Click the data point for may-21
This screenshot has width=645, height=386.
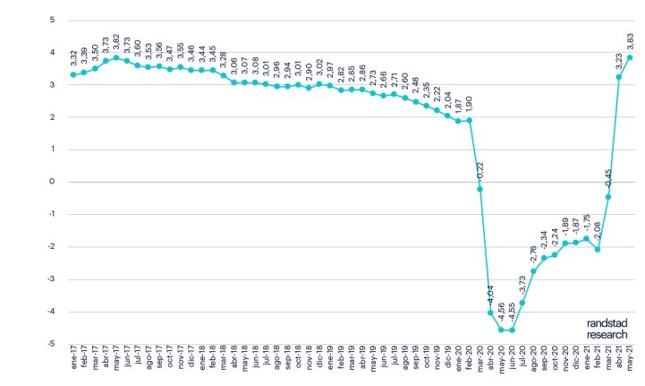630,58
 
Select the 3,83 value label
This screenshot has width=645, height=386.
630,41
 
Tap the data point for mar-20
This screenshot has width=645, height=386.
480,189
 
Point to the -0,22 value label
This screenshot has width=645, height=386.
480,168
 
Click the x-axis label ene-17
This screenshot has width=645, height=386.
72,362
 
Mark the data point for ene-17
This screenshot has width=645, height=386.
72,74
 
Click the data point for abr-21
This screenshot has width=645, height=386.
619,77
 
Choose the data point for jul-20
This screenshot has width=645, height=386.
522,303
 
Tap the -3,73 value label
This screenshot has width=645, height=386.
523,283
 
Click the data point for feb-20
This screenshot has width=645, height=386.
469,120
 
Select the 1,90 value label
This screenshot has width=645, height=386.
470,102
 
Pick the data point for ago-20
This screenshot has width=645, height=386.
533,271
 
